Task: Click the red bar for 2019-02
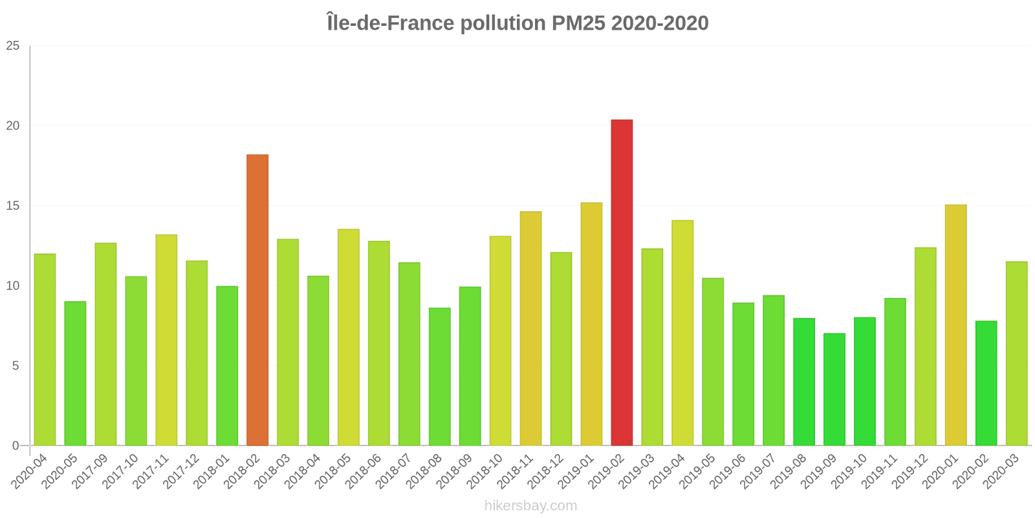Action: coord(622,282)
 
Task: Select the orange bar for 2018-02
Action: coord(257,300)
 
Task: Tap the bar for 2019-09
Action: coord(834,389)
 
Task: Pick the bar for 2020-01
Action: coord(955,325)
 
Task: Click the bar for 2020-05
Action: coord(75,373)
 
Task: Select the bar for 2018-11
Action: coord(530,328)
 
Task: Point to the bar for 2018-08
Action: coord(440,376)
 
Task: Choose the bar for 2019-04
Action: coord(682,333)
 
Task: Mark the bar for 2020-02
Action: coord(986,383)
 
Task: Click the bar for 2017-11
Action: coord(166,340)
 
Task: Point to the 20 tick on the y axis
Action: coord(13,126)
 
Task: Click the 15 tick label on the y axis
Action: coord(13,206)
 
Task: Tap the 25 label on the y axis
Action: coord(13,46)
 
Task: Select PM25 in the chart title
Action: coord(578,23)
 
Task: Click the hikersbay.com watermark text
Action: coord(530,506)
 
